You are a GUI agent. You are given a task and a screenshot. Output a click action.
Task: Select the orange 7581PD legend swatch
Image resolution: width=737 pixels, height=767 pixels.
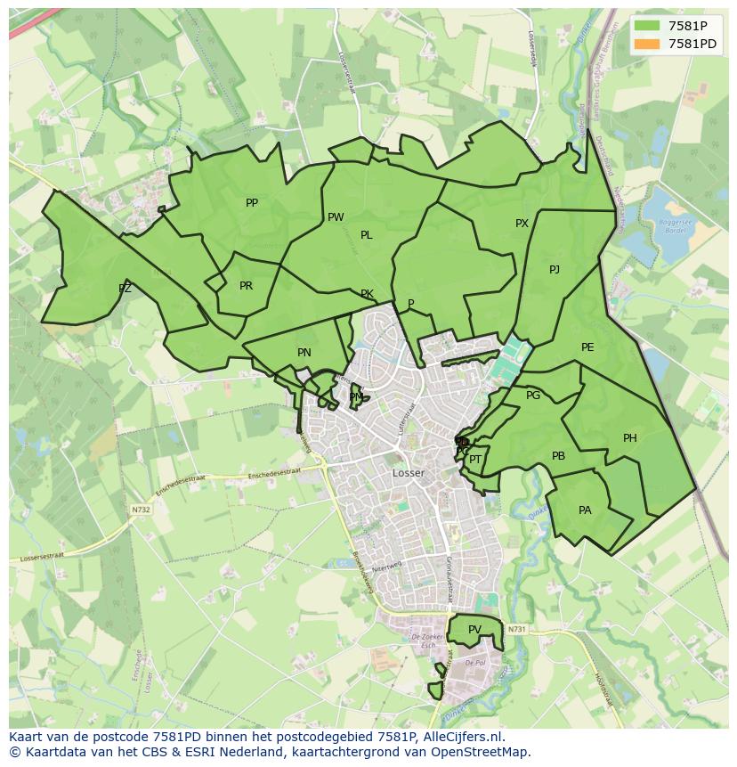pyautogui.click(x=647, y=44)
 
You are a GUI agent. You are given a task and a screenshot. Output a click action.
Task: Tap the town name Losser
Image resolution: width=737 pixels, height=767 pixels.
pyautogui.click(x=409, y=473)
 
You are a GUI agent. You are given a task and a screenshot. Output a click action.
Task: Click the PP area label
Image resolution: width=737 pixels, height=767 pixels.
pyautogui.click(x=252, y=203)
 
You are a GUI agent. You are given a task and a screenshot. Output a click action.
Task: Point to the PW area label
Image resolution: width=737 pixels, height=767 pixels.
pyautogui.click(x=336, y=217)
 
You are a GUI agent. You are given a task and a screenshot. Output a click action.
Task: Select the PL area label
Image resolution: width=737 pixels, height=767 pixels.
pyautogui.click(x=366, y=235)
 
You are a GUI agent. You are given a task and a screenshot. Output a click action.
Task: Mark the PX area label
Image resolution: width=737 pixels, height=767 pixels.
pyautogui.click(x=522, y=224)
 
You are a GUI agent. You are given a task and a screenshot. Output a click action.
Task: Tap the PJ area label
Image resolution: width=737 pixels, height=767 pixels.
pyautogui.click(x=555, y=269)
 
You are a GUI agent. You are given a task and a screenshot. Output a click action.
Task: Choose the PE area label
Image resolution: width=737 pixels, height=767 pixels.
pyautogui.click(x=587, y=347)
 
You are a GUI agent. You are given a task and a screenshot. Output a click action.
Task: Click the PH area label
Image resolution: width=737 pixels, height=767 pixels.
pyautogui.click(x=630, y=438)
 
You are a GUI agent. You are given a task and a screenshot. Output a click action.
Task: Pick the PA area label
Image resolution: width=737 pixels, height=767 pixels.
pyautogui.click(x=585, y=510)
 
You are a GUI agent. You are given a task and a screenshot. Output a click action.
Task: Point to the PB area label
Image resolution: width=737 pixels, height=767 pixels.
pyautogui.click(x=558, y=456)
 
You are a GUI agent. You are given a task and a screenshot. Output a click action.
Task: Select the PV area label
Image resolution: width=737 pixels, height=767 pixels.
pyautogui.click(x=474, y=630)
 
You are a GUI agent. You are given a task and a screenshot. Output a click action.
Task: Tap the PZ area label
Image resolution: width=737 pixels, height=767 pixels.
pyautogui.click(x=125, y=289)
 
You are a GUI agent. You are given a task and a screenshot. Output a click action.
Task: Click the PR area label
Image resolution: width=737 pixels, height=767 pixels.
pyautogui.click(x=246, y=286)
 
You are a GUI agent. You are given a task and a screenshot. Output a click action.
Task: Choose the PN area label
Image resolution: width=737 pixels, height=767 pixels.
pyautogui.click(x=304, y=353)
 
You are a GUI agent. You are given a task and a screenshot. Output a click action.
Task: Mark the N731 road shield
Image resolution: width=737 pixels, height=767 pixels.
pyautogui.click(x=517, y=630)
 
